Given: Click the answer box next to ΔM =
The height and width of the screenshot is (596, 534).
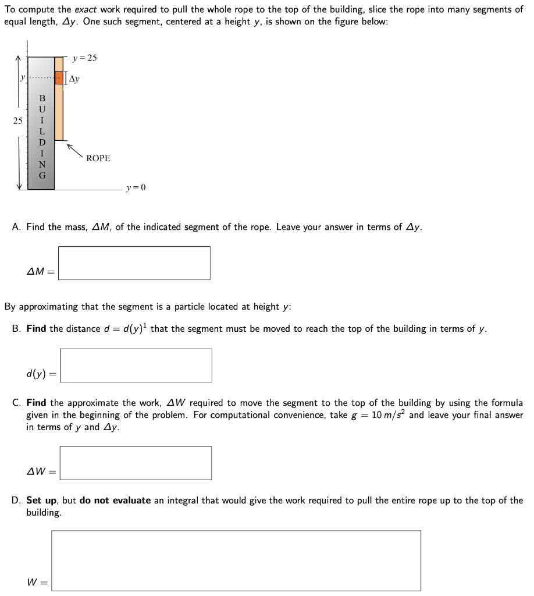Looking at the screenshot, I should coord(134,263).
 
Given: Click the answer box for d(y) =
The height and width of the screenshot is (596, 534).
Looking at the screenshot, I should coord(136,366).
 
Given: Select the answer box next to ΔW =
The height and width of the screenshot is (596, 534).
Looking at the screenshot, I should coord(135,463).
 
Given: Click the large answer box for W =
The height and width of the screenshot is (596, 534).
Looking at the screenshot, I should coord(236,560).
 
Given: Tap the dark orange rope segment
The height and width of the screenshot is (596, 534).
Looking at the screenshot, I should coord(59,78).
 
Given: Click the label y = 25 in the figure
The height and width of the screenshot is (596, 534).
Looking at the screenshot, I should coord(85,58).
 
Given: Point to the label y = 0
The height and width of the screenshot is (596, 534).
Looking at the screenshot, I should coord(136,188).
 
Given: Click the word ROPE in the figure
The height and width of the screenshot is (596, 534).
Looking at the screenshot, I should coord(98,158).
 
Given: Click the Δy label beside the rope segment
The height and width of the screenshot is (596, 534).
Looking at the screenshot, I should coord(74,79).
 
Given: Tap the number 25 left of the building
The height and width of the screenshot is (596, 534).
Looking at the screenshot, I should coord(17,121).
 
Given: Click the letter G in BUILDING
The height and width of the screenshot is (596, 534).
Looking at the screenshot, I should coord(42,175).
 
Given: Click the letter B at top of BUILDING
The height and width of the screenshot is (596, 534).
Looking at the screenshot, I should coord(42,98).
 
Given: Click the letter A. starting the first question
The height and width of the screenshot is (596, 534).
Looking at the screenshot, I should coord(17,227).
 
